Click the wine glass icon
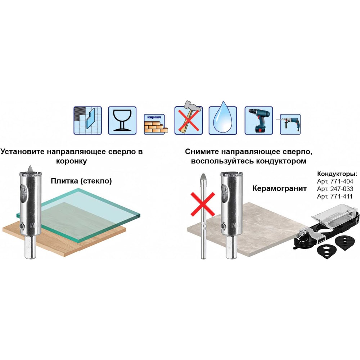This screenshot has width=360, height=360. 122,121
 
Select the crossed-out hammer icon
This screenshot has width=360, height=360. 189,118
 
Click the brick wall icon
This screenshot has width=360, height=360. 156,124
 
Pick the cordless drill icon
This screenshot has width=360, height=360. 259,121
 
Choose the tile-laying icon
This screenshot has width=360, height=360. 88,121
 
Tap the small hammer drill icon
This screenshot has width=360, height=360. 290,124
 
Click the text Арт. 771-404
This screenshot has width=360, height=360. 335,181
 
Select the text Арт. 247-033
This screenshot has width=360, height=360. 335,189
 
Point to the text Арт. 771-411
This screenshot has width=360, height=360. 334,197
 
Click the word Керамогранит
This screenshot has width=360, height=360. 279,189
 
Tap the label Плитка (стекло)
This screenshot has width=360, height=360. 81,181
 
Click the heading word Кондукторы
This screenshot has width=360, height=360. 337,174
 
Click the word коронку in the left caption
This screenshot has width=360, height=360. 71,161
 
